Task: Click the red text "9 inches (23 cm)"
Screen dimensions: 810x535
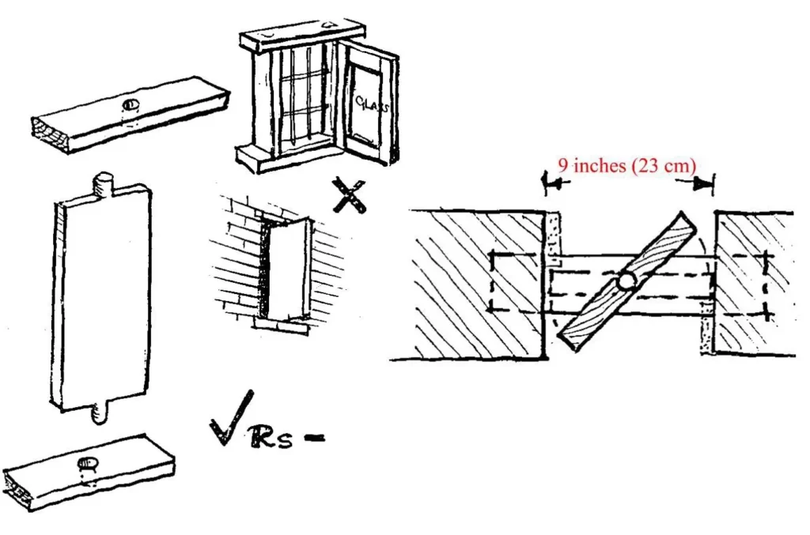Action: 626,166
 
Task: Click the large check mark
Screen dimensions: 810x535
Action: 231,418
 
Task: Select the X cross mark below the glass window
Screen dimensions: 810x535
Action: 349,195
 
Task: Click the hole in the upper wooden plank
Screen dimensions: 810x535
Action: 131,105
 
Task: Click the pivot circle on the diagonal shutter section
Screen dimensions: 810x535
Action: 626,281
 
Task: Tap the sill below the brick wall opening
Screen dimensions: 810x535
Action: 281,325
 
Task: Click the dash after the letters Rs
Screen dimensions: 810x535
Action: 315,438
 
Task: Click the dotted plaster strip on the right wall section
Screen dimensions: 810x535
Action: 706,328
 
